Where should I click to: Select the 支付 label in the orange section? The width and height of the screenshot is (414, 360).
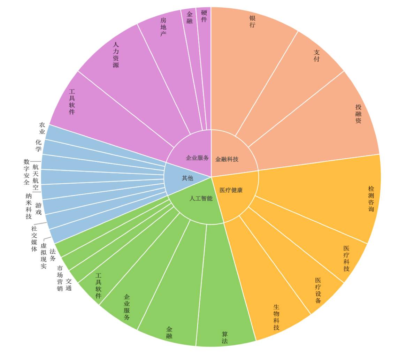316,56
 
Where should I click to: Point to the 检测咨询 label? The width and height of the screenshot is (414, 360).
371,199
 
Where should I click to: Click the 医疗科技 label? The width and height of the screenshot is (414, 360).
346,259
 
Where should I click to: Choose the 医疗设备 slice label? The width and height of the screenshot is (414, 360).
318,290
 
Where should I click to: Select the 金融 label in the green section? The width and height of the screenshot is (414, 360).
169,332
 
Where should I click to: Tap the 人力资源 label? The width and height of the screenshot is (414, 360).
116,55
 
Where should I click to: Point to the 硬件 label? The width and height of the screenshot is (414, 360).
204,16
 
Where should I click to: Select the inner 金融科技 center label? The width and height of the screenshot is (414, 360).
227,159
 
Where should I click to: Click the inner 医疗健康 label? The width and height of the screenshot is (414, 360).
231,190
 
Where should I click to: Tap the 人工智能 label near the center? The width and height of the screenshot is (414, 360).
201,198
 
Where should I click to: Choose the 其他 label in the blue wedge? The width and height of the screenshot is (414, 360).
187,178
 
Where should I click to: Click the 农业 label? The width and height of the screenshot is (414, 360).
42,128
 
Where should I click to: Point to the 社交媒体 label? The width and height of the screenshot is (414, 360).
34,238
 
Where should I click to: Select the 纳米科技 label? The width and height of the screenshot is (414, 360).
29,206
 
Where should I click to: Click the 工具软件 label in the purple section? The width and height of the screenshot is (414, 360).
72,102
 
